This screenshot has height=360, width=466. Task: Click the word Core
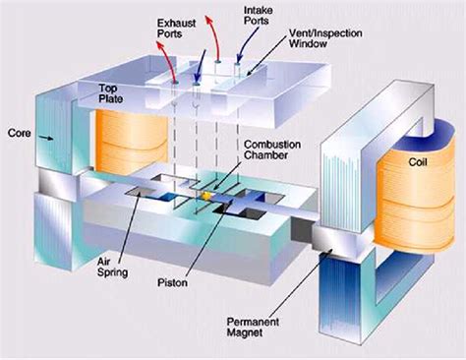(x=20, y=130)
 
